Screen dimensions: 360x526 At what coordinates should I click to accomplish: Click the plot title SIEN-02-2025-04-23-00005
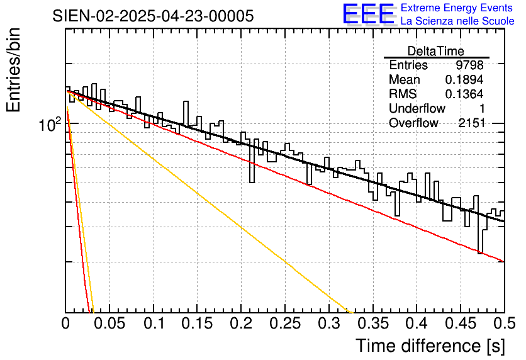point(154,16)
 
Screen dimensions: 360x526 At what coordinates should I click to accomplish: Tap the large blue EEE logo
point(368,14)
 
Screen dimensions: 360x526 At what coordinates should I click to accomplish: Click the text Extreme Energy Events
point(458,8)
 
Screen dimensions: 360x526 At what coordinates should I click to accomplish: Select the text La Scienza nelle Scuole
point(458,21)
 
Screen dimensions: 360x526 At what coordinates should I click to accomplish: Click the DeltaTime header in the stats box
point(436,51)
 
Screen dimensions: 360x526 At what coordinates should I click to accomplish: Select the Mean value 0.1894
point(464,80)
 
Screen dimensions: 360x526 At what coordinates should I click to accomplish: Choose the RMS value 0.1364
point(464,94)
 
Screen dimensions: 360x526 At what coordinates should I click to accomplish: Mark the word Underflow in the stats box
point(417,109)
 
